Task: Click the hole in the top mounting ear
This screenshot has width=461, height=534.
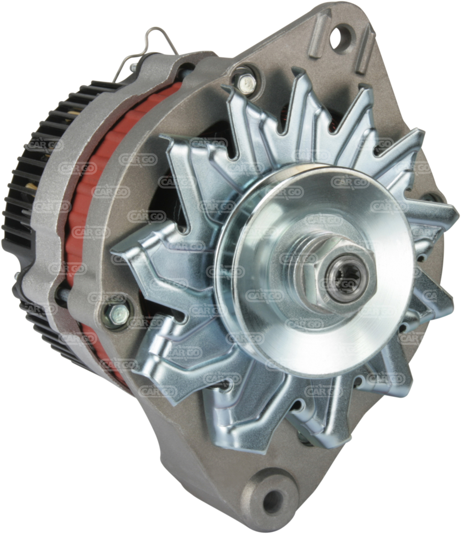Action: pyautogui.click(x=340, y=38)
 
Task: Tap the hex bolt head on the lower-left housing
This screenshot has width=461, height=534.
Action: pyautogui.click(x=117, y=314)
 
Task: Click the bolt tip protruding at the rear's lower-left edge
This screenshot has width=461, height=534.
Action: pyautogui.click(x=16, y=275)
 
